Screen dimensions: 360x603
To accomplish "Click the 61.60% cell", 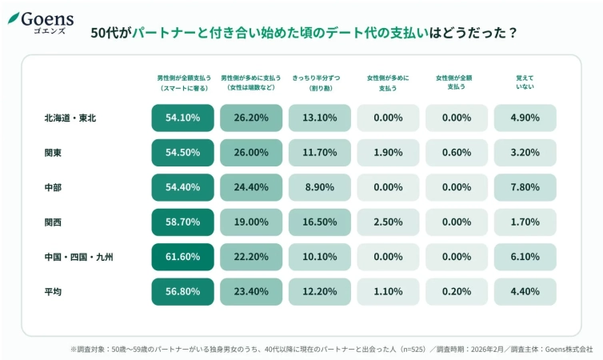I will click(x=182, y=257).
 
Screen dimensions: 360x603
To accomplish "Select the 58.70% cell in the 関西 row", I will click(x=182, y=222).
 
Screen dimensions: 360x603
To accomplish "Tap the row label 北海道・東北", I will click(x=70, y=118).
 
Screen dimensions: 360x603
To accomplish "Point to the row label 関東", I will click(x=54, y=153).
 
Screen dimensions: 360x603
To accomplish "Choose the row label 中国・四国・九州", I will click(x=79, y=257).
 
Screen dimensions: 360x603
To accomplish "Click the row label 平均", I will click(x=54, y=292).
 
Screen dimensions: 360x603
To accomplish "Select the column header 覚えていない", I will click(x=525, y=82).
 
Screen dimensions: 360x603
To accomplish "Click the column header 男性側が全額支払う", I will click(x=183, y=82).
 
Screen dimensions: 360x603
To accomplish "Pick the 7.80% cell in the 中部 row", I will click(x=525, y=187).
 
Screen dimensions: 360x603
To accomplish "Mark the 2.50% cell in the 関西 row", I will click(x=388, y=222).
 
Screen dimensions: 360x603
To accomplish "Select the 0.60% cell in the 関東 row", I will click(x=457, y=153).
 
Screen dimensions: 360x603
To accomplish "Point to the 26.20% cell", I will click(x=251, y=118).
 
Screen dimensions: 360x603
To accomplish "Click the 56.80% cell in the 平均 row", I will click(x=182, y=292).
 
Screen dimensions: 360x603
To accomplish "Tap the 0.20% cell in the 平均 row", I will click(x=457, y=292).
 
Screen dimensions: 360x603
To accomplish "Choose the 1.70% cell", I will click(x=525, y=222).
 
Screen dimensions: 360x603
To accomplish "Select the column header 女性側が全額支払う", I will click(x=457, y=82).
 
